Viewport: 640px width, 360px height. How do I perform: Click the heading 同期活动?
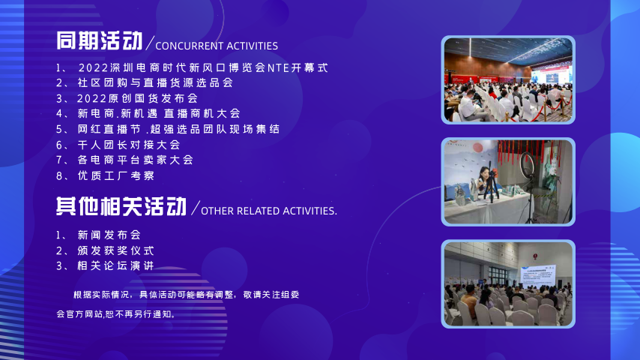pyautogui.click(x=99, y=40)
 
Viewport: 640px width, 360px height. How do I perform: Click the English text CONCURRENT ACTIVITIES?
pyautogui.click(x=217, y=46)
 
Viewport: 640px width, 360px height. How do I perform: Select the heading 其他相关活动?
pyautogui.click(x=121, y=206)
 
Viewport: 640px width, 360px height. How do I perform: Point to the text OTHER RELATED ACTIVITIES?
pyautogui.click(x=269, y=211)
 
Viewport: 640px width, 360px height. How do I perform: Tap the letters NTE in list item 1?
pyautogui.click(x=278, y=67)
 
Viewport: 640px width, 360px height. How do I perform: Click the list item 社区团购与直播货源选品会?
pyautogui.click(x=155, y=83)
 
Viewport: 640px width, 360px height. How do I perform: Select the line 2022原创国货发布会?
pyautogui.click(x=138, y=98)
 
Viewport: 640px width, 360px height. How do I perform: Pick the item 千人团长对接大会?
pyautogui.click(x=129, y=145)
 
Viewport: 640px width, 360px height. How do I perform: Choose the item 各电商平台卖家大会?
pyautogui.click(x=136, y=160)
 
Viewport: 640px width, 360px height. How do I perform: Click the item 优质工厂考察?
pyautogui.click(x=116, y=175)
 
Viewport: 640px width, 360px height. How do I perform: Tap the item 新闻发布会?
pyautogui.click(x=109, y=235)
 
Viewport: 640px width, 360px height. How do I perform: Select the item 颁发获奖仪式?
pyautogui.click(x=116, y=250)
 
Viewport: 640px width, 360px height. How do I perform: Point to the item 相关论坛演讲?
pyautogui.click(x=116, y=266)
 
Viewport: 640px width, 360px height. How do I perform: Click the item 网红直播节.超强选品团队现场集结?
pyautogui.click(x=179, y=129)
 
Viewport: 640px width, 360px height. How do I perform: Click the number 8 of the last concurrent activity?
pyautogui.click(x=59, y=176)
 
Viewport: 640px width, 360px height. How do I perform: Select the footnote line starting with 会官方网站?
pyautogui.click(x=116, y=314)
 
